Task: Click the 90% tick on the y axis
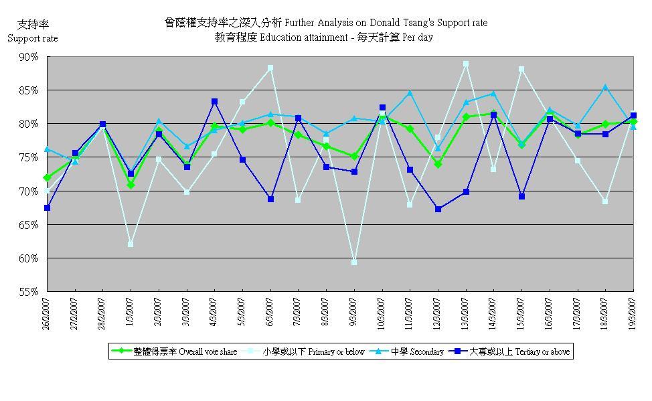tap(29, 57)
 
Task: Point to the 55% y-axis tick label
tap(29, 292)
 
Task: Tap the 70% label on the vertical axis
tap(29, 191)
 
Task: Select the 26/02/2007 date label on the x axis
tap(46, 312)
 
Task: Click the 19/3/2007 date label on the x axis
tap(633, 311)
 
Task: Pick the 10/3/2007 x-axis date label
tap(382, 311)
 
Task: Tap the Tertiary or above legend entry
tap(514, 351)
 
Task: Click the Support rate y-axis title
tap(32, 38)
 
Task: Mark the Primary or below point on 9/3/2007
tap(354, 262)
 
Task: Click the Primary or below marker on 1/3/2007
tap(131, 244)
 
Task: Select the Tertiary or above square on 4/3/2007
tap(214, 102)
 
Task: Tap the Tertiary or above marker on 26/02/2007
tap(47, 208)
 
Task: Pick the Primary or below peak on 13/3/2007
tap(466, 64)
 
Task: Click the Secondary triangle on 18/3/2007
tap(605, 87)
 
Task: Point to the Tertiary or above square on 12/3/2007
tap(438, 209)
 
